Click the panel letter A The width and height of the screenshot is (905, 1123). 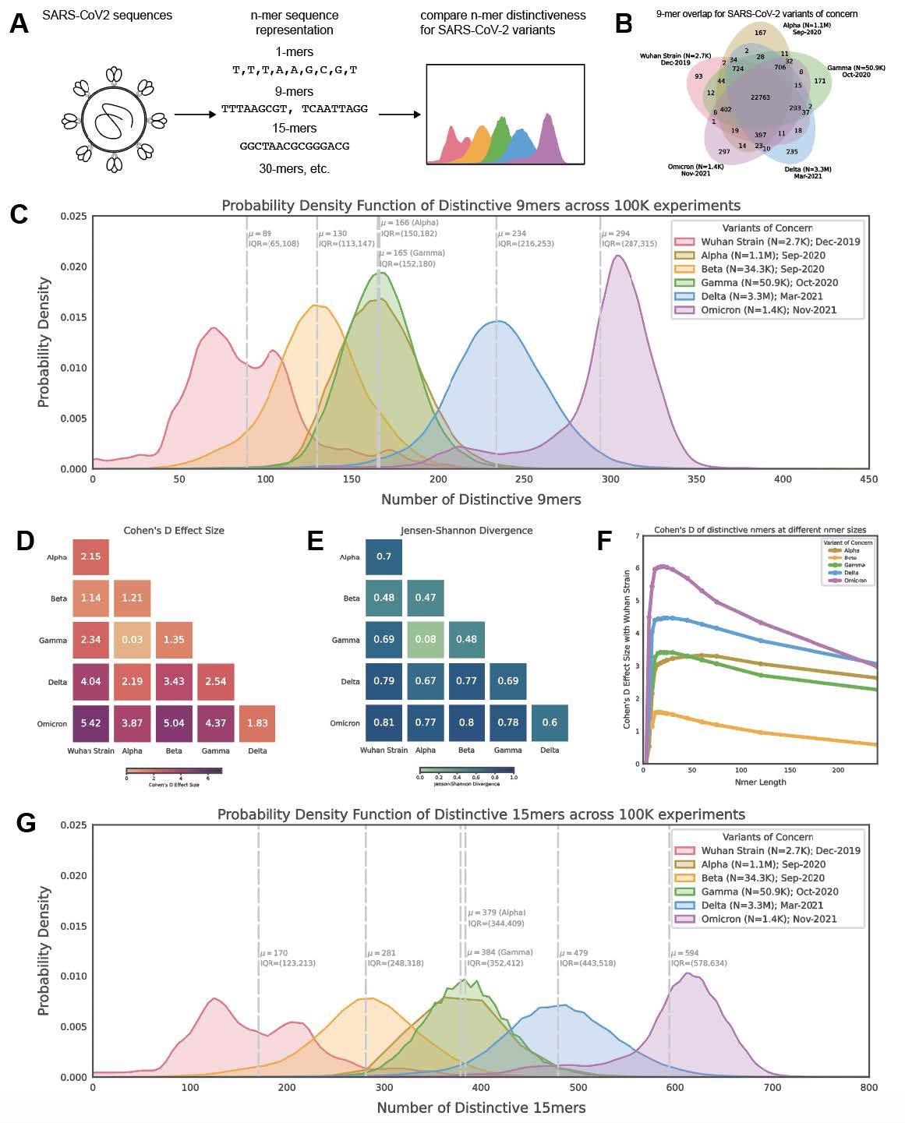[19, 24]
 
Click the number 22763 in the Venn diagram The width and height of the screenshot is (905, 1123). [760, 97]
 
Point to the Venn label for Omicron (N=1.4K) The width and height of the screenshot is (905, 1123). [695, 169]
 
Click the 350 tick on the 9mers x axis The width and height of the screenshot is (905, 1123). [696, 480]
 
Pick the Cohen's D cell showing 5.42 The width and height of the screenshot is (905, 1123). [91, 724]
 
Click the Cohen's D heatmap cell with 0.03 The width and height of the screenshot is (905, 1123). [133, 640]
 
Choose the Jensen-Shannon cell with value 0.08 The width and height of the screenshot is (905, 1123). [425, 640]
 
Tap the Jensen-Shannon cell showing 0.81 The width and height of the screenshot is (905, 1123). [384, 722]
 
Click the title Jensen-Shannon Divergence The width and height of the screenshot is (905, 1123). [466, 531]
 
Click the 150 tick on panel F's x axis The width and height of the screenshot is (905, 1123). [789, 770]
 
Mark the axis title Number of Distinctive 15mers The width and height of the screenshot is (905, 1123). [481, 1107]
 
